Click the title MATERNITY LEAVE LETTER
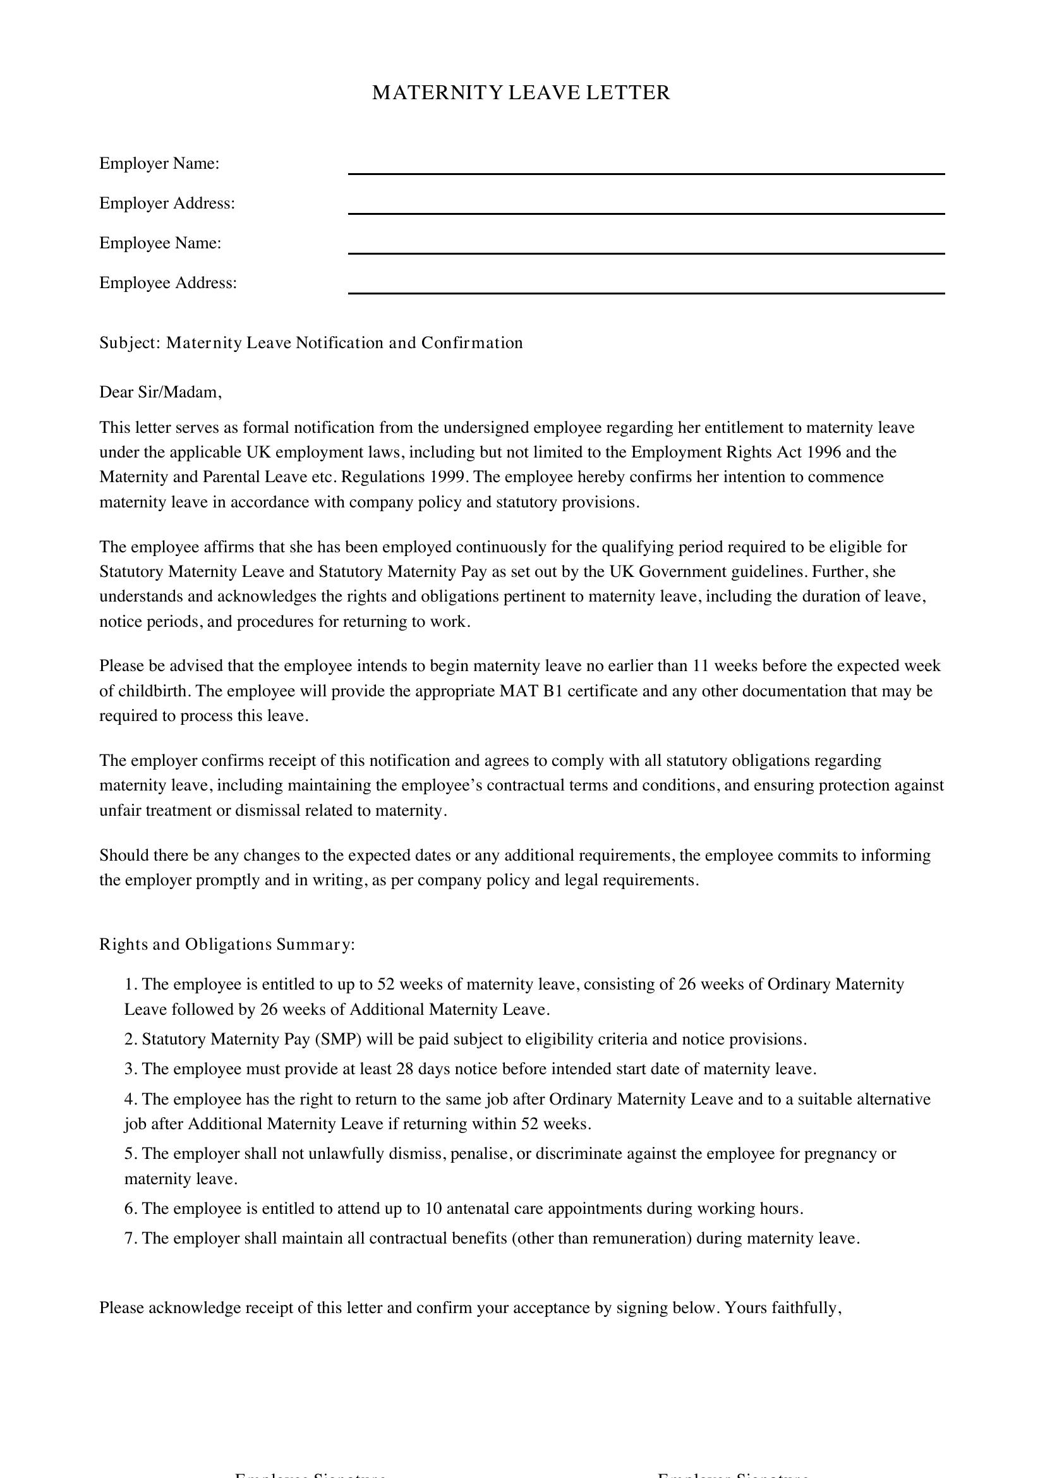[521, 93]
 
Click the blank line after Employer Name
[646, 172]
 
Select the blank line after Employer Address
[646, 212]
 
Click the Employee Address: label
[168, 283]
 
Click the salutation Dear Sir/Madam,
[160, 392]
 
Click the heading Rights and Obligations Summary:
[227, 944]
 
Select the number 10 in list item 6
[432, 1208]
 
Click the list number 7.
[130, 1238]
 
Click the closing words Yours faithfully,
[783, 1307]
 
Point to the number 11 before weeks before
[701, 666]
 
